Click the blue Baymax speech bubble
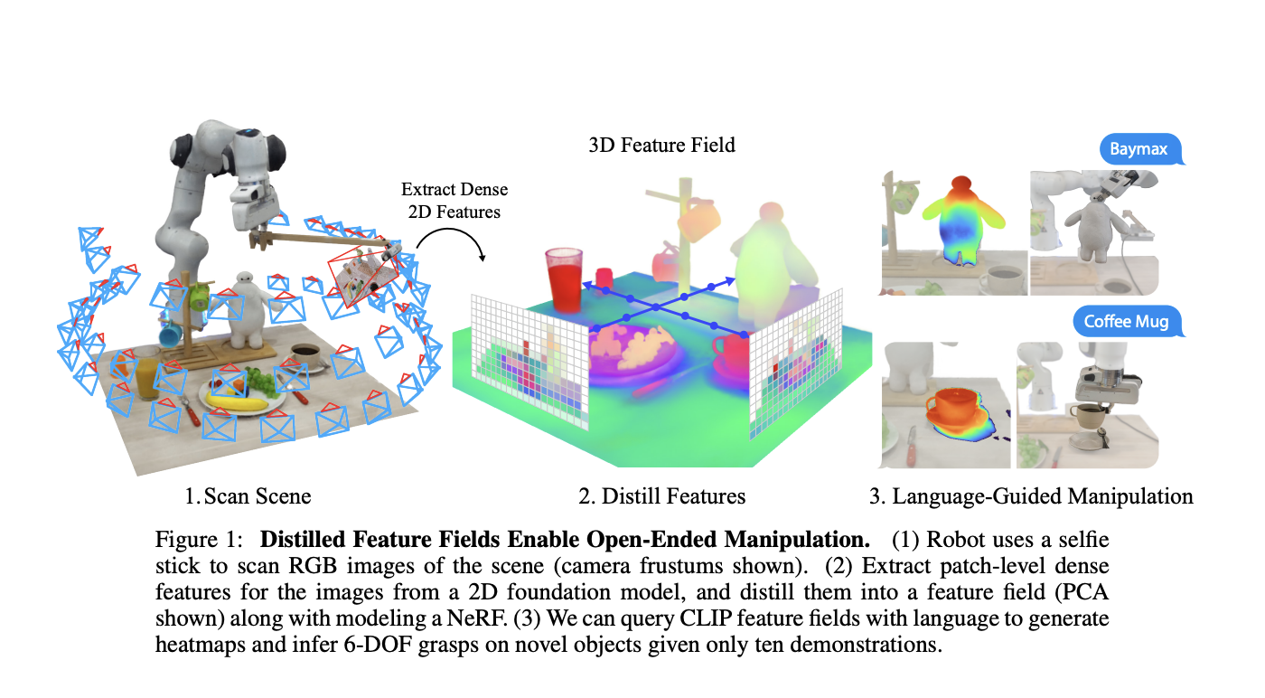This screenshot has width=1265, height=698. pos(1140,149)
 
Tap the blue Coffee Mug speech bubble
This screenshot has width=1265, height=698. pos(1126,321)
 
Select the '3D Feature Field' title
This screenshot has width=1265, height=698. pos(661,145)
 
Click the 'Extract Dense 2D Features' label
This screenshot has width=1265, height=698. pos(454,201)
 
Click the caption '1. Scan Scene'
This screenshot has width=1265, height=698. pos(248,495)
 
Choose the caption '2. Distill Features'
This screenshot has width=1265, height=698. pos(662,495)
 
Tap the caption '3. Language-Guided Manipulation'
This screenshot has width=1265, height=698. pos(1031,495)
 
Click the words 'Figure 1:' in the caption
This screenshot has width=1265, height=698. pos(198,541)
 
